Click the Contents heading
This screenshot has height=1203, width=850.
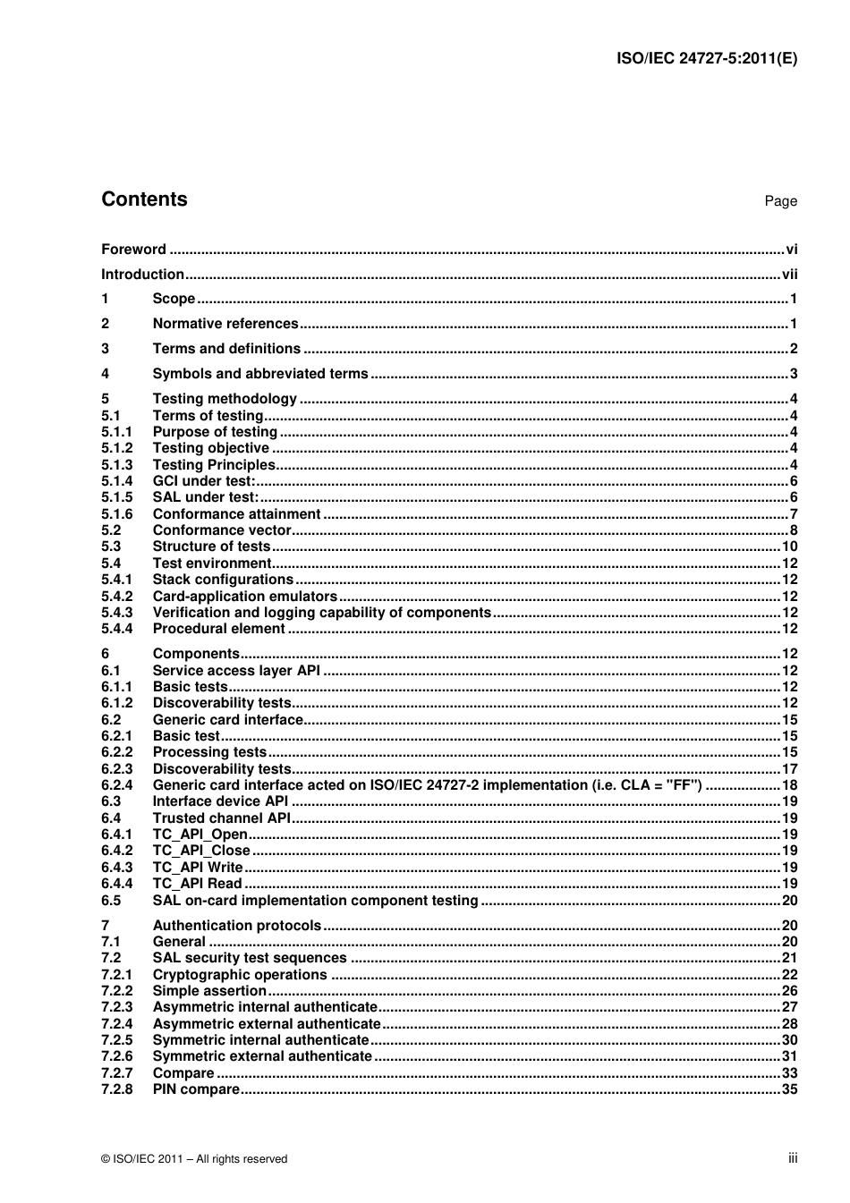click(x=144, y=199)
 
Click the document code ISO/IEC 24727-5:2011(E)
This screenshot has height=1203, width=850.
click(x=707, y=59)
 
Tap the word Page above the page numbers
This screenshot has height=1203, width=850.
click(x=780, y=201)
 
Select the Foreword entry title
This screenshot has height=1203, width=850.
click(x=133, y=250)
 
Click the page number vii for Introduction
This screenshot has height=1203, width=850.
click(x=789, y=275)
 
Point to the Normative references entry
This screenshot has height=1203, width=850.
click(x=225, y=324)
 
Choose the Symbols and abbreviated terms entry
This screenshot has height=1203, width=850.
click(x=260, y=374)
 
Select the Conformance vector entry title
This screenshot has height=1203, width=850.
click(x=222, y=530)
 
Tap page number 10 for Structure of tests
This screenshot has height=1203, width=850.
click(x=789, y=546)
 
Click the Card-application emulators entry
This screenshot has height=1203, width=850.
click(x=245, y=597)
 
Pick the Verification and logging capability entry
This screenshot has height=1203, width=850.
click(x=322, y=613)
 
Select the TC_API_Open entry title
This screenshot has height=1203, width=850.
click(x=200, y=834)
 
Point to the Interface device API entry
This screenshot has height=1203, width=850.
click(x=220, y=801)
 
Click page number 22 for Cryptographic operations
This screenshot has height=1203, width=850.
click(x=789, y=975)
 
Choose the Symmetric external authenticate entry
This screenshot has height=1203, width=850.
click(x=262, y=1056)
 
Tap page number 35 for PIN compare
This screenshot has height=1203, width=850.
click(x=789, y=1089)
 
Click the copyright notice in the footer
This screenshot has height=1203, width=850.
click(x=194, y=1159)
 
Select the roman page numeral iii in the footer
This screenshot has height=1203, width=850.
click(x=793, y=1158)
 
